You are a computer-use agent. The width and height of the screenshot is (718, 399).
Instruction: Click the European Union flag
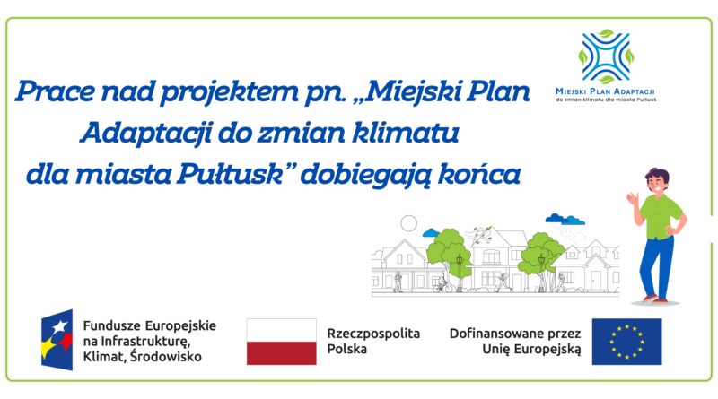pos(626,342)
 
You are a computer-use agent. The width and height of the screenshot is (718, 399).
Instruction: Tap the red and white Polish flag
pos(281,342)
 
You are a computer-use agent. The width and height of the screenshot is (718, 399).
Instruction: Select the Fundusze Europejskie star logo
pos(56,342)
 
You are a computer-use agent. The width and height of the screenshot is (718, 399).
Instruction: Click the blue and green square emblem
pos(604,57)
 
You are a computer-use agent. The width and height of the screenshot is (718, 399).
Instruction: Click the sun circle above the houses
pos(409,221)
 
